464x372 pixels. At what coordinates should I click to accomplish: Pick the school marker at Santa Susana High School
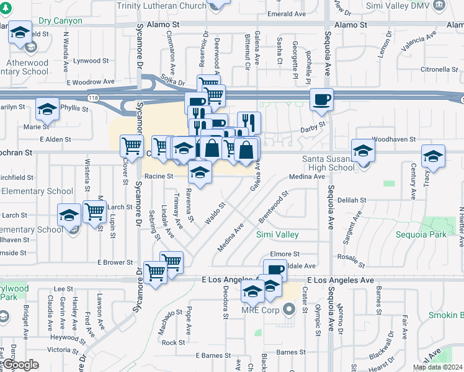click(363, 151)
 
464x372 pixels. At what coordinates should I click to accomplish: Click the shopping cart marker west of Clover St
click(132, 146)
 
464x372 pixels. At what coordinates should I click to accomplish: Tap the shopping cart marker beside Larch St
click(94, 211)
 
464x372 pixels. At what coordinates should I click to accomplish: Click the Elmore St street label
click(285, 254)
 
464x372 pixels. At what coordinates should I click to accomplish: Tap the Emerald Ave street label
click(287, 14)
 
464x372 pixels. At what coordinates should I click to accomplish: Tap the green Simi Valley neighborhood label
click(277, 234)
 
